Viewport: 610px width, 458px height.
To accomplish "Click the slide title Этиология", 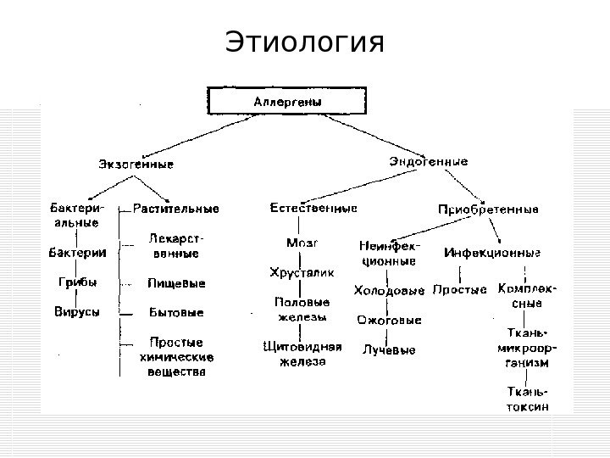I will point(305,42).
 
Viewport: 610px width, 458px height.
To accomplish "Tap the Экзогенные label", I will point(136,162).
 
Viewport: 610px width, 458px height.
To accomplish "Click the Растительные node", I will point(176,208).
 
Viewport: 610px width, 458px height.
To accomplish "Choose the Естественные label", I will point(313,208).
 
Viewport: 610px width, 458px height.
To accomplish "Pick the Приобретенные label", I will point(488,209).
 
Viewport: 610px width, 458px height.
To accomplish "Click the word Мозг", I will point(302,243).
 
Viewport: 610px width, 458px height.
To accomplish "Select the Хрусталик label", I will point(302,272).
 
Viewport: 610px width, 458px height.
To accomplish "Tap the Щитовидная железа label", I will point(302,354).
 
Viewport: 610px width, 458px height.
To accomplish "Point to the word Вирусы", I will point(78,311).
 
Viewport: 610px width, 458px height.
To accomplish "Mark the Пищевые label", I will point(175,282).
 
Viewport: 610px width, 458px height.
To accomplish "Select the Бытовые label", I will point(175,312).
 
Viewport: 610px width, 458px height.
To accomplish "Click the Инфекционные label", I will point(492,253).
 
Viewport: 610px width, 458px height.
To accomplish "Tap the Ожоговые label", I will point(389,321).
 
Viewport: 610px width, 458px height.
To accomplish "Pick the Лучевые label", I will point(389,349).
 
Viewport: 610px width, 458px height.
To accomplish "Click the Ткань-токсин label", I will point(527,399).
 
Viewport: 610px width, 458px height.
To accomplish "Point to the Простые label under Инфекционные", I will point(459,290).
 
